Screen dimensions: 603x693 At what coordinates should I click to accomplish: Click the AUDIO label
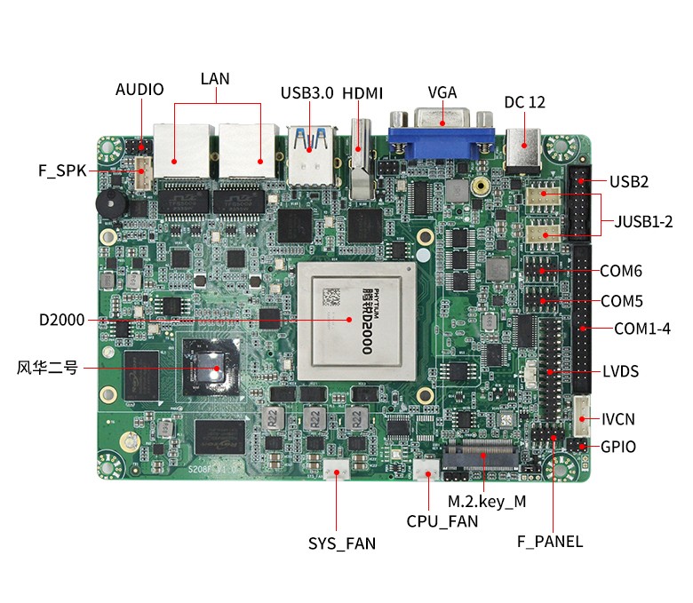139,89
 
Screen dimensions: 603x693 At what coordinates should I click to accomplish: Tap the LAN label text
215,78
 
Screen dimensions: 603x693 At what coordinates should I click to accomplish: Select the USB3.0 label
307,92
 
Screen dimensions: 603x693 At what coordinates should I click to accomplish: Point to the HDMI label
362,92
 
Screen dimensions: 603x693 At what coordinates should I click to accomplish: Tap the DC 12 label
524,102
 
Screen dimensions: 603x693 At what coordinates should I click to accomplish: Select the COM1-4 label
641,329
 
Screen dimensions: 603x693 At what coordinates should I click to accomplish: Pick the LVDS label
620,371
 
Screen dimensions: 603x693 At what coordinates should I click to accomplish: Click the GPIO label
618,447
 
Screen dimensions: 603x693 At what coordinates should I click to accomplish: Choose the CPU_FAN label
442,521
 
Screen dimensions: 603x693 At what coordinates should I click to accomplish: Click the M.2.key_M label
487,501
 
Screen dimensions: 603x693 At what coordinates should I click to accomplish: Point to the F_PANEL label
550,541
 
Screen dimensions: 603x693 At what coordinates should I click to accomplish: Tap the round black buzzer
111,203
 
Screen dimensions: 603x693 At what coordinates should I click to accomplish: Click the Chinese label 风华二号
47,367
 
